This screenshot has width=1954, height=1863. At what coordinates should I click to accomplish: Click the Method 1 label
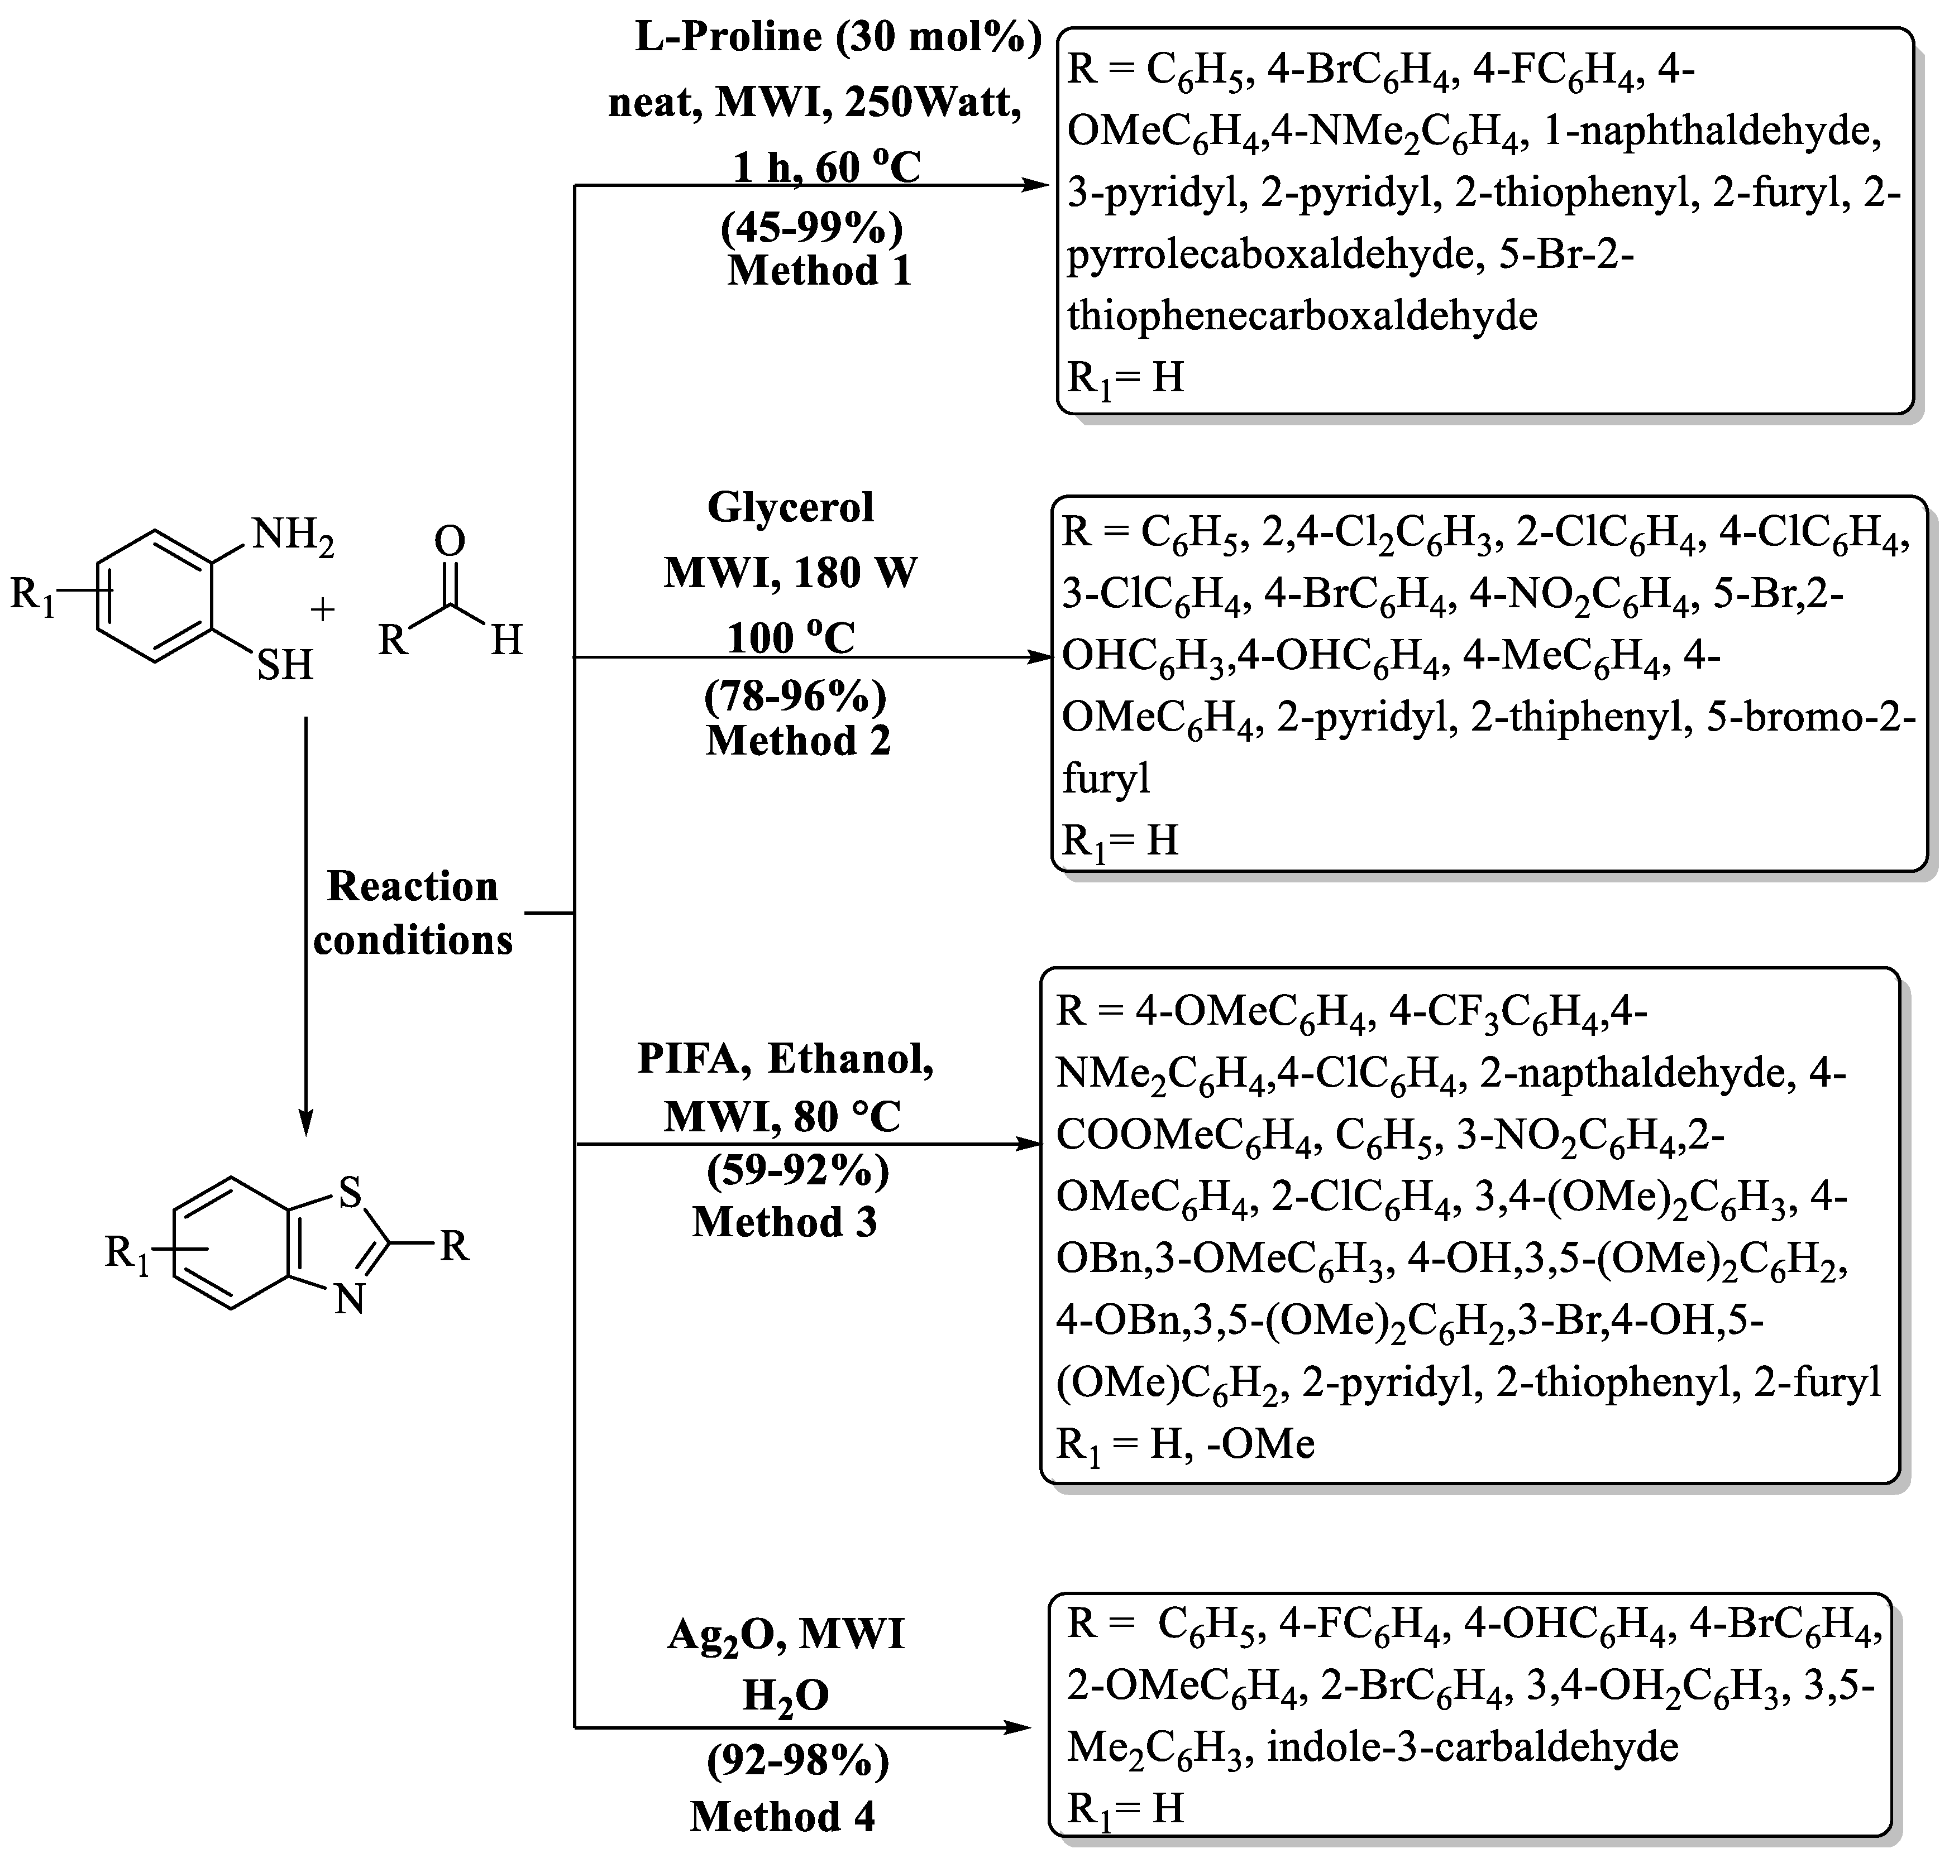coord(820,271)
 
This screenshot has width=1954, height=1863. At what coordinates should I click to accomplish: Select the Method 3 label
coord(785,1222)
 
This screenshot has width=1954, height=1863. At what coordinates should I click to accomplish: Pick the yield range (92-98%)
coord(797,1761)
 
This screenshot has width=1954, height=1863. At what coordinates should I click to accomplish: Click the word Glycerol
coord(791,507)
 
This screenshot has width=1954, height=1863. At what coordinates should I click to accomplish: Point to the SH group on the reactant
coord(285,665)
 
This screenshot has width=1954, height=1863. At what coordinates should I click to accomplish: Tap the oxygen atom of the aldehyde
coord(450,541)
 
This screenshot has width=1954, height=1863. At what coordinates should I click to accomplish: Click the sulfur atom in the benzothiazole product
coord(350,1193)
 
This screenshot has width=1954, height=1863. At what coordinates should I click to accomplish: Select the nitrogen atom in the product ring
coord(348,1300)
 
